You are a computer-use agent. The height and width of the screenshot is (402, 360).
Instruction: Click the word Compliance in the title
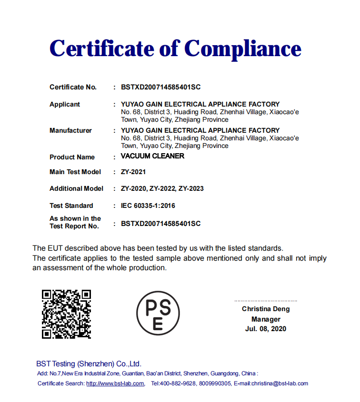pyautogui.click(x=242, y=49)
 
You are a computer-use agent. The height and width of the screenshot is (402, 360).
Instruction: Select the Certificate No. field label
pyautogui.click(x=73, y=87)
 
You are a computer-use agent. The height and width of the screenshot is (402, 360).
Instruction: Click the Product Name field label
pyautogui.click(x=72, y=157)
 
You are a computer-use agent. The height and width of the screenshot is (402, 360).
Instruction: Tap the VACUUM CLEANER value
pyautogui.click(x=152, y=156)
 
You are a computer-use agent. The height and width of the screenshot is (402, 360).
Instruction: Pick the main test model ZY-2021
pyautogui.click(x=133, y=172)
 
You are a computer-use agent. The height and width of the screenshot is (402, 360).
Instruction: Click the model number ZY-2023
pyautogui.click(x=191, y=188)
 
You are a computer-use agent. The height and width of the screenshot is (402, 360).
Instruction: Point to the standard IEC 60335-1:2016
pyautogui.click(x=148, y=206)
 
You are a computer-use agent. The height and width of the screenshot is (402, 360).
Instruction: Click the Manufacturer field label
pyautogui.click(x=70, y=130)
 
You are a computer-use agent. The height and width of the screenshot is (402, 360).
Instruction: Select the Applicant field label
pyautogui.click(x=65, y=104)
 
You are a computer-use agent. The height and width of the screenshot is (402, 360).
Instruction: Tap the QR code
pyautogui.click(x=66, y=314)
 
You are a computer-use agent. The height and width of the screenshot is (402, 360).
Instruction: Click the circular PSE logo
pyautogui.click(x=158, y=313)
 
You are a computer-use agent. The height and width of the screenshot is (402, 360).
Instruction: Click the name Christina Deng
pyautogui.click(x=266, y=309)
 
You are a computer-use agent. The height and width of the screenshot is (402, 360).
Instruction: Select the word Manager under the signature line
pyautogui.click(x=266, y=319)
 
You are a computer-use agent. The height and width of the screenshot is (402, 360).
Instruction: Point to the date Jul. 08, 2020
pyautogui.click(x=266, y=329)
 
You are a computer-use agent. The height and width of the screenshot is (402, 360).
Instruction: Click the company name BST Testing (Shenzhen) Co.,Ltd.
pyautogui.click(x=89, y=363)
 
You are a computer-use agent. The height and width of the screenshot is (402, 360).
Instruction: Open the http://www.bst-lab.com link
pyautogui.click(x=115, y=383)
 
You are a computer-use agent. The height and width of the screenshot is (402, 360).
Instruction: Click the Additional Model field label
pyautogui.click(x=76, y=188)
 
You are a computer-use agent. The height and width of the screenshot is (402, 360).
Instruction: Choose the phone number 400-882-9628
pyautogui.click(x=178, y=383)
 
